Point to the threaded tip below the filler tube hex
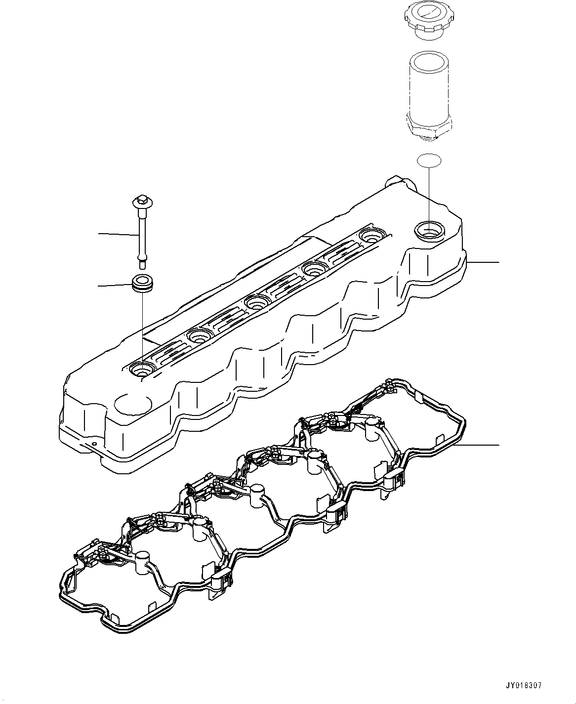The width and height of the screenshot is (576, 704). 428,139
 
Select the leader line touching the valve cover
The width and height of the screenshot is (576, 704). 484,261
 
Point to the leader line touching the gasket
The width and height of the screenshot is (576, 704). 482,445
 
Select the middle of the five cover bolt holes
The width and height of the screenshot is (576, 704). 256,301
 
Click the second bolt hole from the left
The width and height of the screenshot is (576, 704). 200,336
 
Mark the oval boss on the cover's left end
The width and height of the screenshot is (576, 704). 132,403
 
